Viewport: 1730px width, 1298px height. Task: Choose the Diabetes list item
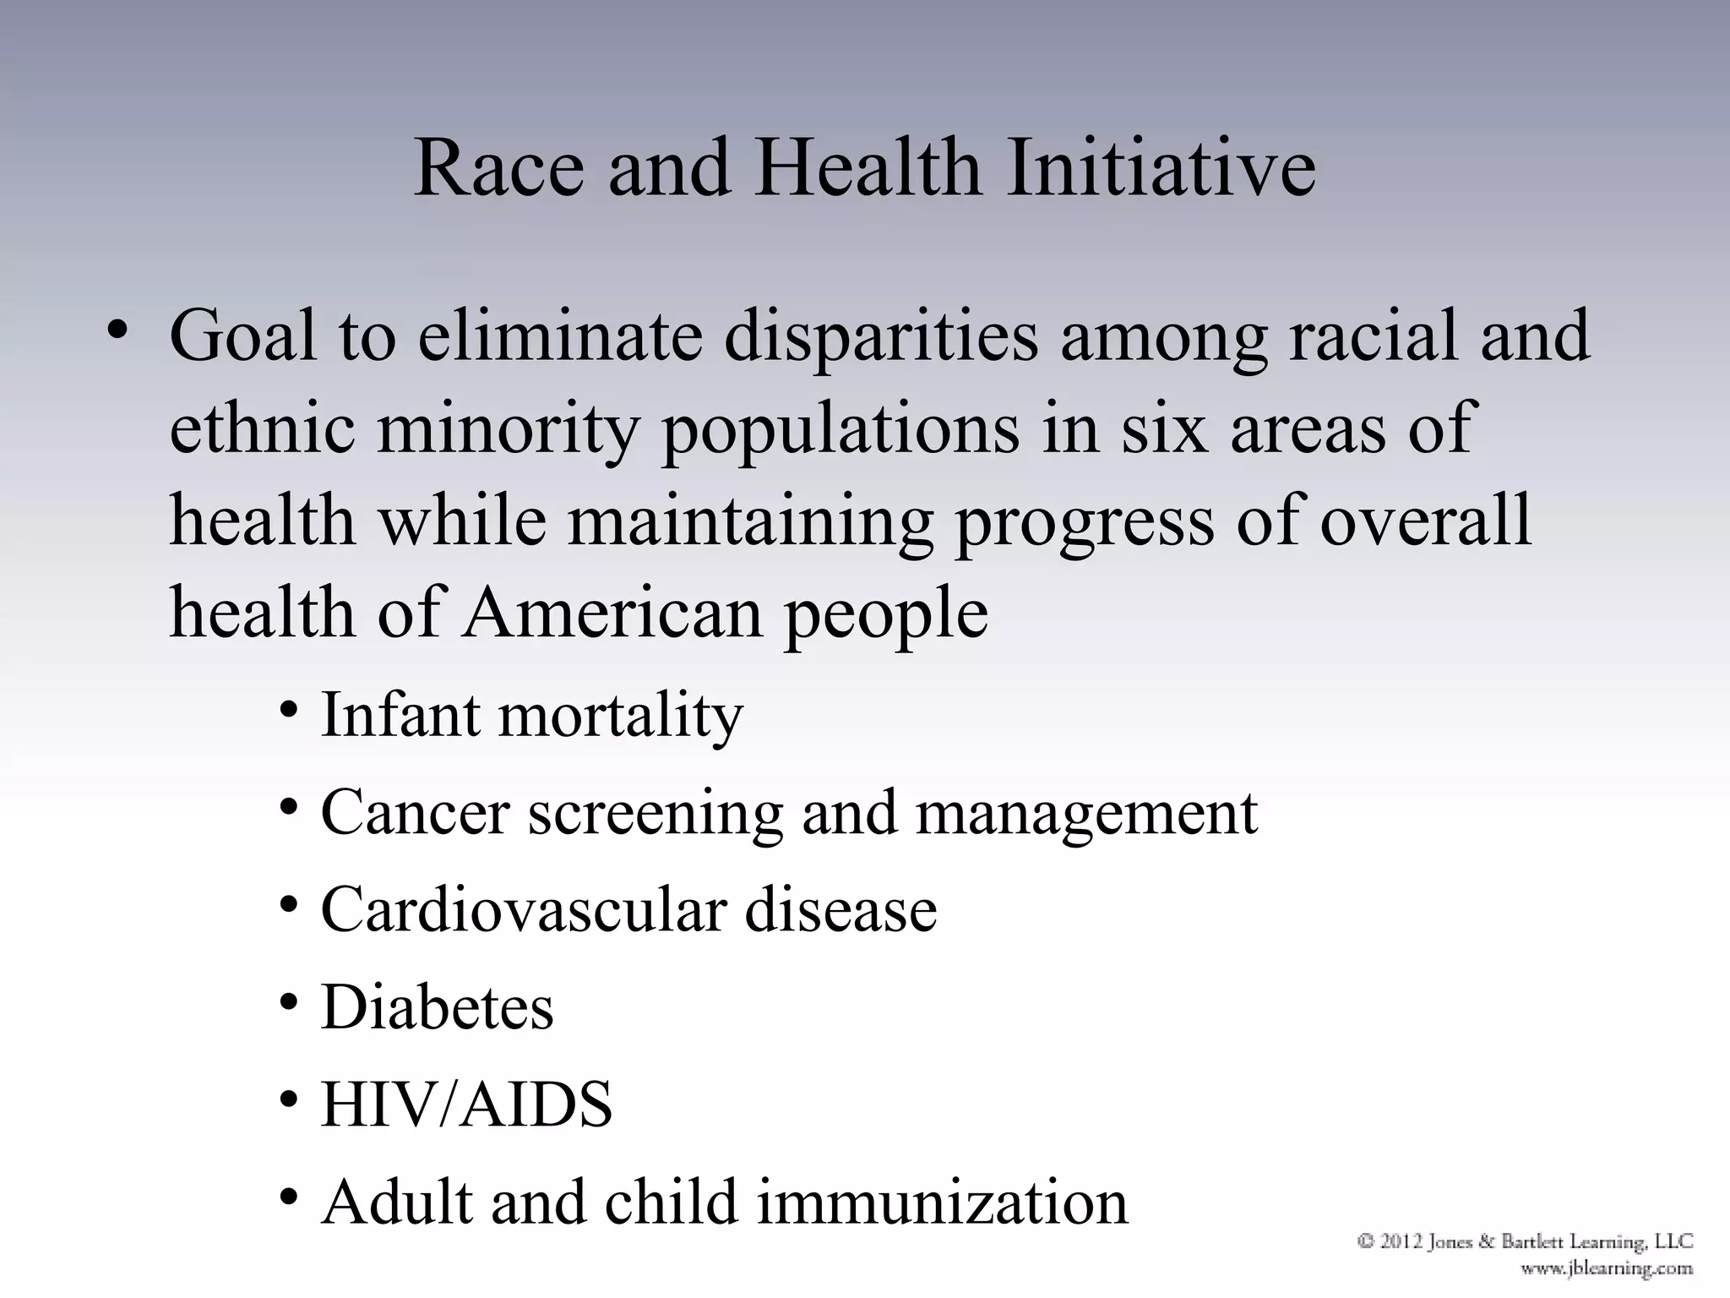437,1007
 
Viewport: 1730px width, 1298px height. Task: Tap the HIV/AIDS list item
466,1104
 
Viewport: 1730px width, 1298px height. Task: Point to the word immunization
942,1202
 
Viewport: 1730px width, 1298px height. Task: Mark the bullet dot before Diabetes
290,1002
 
